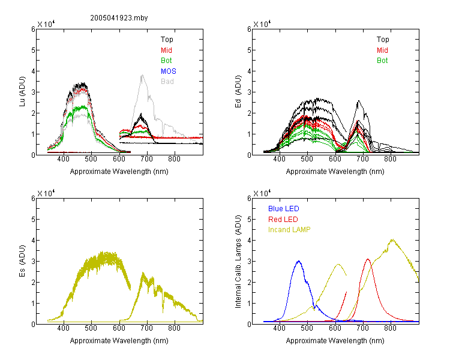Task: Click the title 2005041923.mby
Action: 119,18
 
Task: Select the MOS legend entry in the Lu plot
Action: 169,71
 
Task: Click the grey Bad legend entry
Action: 167,82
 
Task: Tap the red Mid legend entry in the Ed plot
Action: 382,50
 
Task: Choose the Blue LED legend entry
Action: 284,209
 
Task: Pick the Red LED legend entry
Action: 283,220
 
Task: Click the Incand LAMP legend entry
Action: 289,230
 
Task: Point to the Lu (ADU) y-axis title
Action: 22,92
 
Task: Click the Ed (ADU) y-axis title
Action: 238,92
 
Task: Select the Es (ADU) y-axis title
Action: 22,261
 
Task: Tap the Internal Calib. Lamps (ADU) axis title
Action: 238,262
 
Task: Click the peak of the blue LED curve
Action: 299,261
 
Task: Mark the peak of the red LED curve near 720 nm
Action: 368,259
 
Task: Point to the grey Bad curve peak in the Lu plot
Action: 142,75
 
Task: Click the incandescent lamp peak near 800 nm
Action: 392,240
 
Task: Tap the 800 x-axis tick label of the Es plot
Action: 174,328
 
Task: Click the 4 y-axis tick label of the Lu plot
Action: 33,71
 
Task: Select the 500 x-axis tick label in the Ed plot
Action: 307,159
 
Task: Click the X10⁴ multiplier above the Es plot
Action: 46,193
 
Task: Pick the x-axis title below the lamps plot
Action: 335,341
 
